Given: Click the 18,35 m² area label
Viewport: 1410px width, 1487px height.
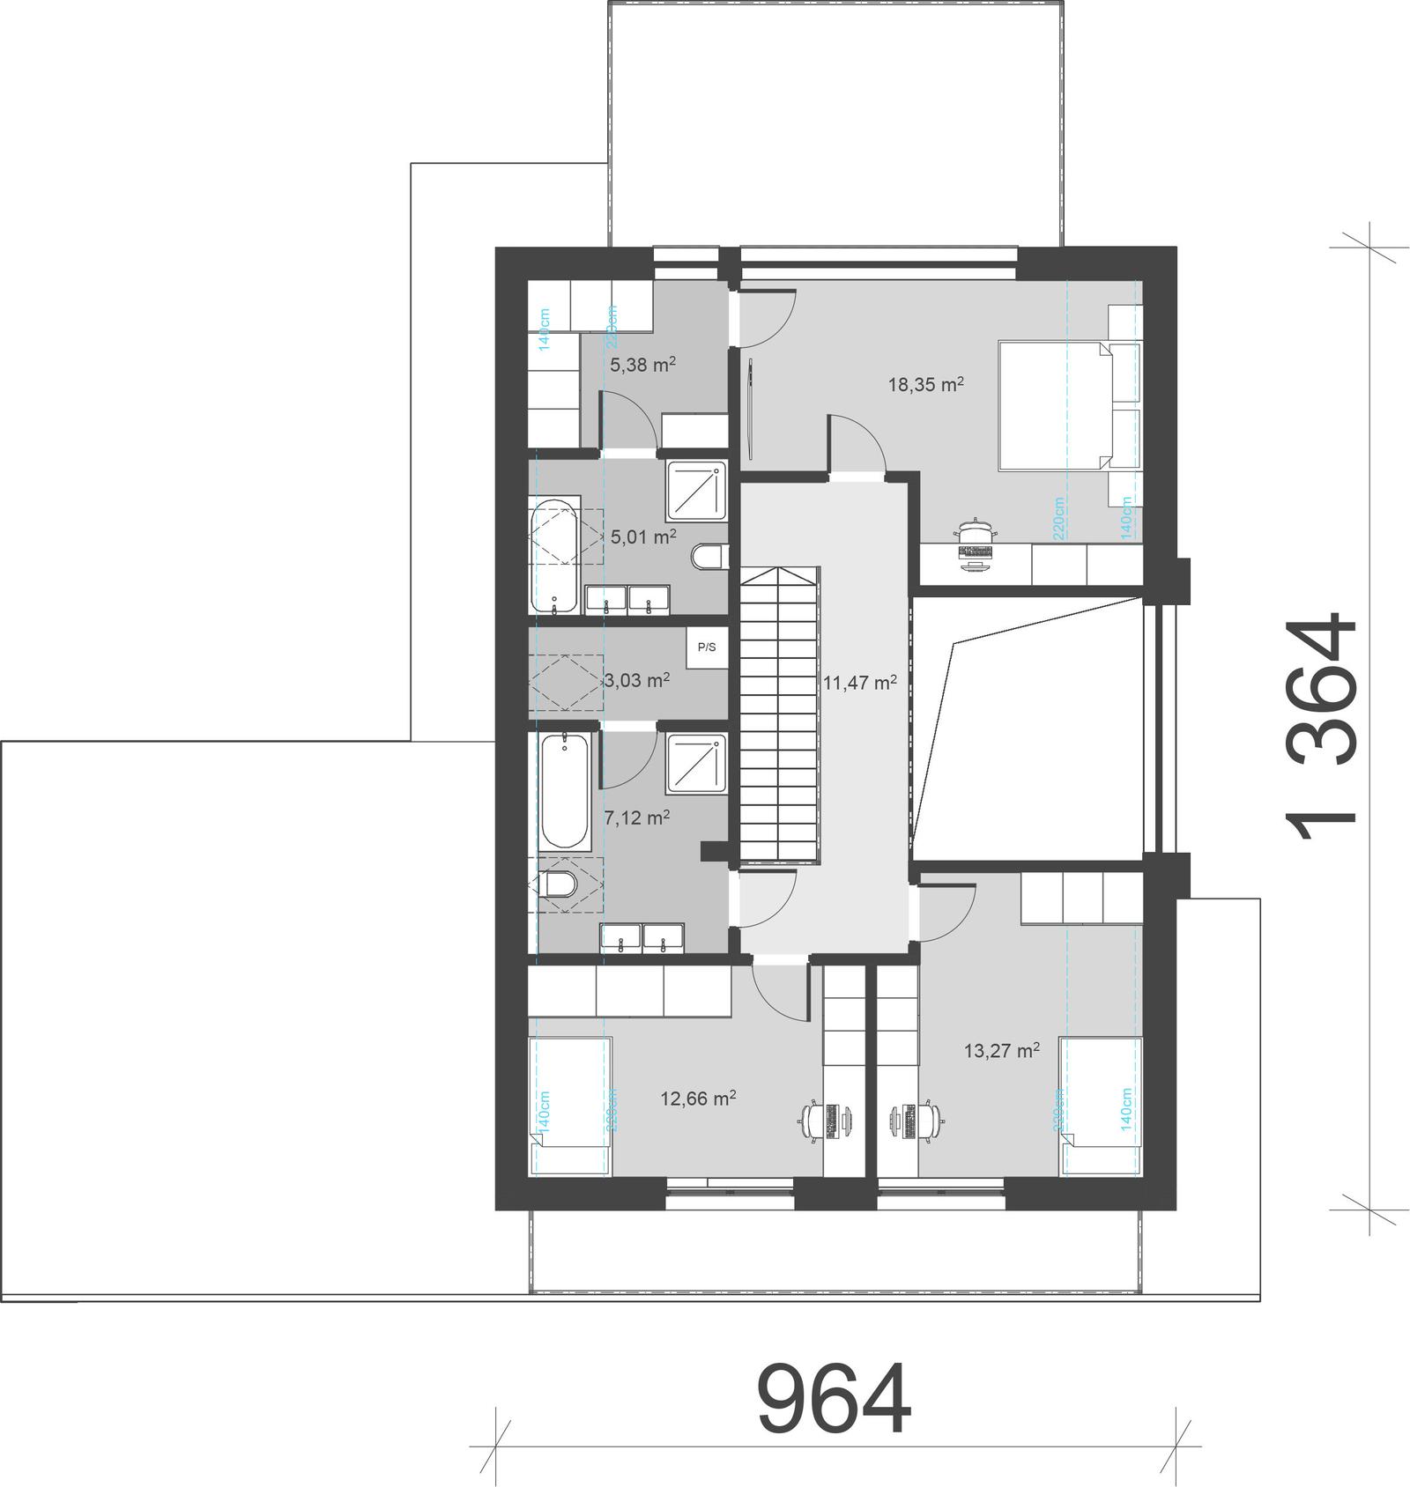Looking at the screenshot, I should (x=925, y=384).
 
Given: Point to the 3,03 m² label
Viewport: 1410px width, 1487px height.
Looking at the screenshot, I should (x=637, y=680).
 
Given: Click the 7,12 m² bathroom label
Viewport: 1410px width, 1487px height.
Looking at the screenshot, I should (x=637, y=817).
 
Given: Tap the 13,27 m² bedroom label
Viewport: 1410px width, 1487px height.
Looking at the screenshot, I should (x=1002, y=1050).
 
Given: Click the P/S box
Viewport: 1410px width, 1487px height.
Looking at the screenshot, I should (x=707, y=647).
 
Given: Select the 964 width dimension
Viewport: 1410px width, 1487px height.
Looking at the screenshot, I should (x=834, y=1401).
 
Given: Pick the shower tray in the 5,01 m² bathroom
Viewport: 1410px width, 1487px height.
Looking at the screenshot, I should (x=697, y=491).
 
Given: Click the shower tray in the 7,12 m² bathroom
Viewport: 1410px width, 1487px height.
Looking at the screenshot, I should (x=697, y=762).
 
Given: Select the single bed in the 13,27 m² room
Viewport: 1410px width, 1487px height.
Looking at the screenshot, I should (x=1102, y=1106).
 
